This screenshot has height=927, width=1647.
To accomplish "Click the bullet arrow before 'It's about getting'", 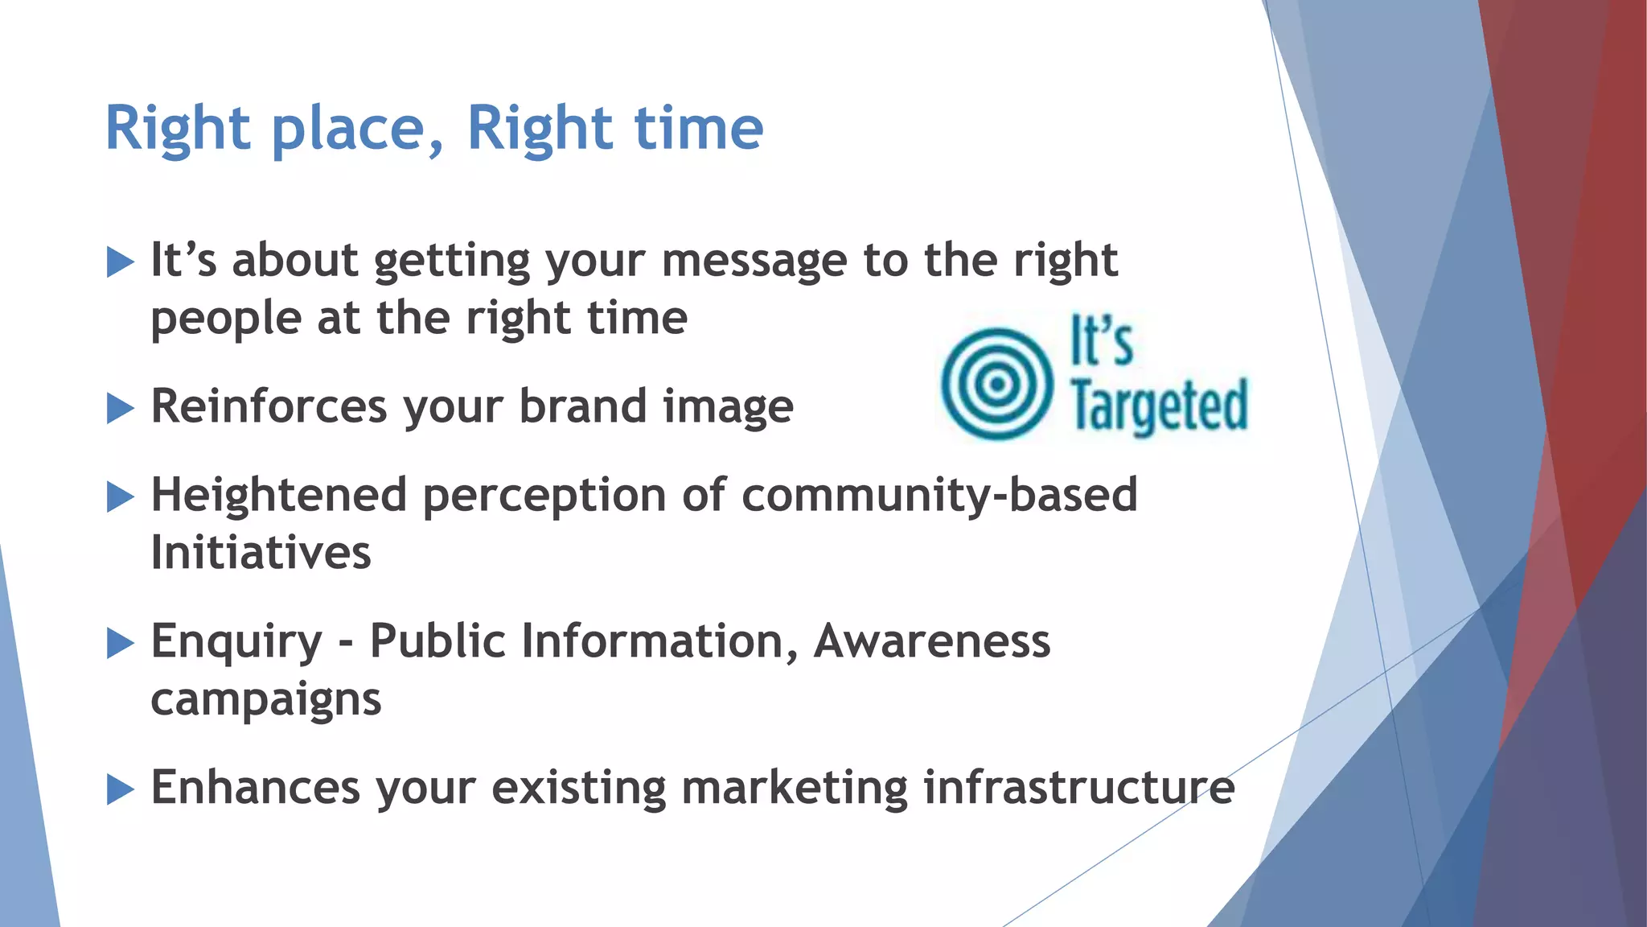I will (x=120, y=262).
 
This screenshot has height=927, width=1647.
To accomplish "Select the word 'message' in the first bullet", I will (x=754, y=262).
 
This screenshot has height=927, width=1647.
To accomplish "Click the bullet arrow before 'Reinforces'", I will (x=120, y=409).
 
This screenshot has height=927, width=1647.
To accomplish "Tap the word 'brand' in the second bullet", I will (x=583, y=406).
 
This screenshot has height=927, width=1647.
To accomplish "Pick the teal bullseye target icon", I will (x=996, y=384).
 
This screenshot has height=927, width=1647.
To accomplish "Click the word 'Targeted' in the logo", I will (x=1159, y=406).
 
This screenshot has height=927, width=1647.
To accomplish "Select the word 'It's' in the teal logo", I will (x=1102, y=342).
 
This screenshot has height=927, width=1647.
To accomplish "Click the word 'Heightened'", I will (x=278, y=495).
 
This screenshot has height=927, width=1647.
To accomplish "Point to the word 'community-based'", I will (x=939, y=495).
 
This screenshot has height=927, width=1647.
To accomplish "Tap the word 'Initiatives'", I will (x=261, y=554).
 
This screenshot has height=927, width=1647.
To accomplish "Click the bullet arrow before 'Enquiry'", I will (x=120, y=643).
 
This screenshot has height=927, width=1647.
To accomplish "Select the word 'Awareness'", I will (x=932, y=641).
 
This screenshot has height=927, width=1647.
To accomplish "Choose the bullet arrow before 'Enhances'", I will (x=120, y=789).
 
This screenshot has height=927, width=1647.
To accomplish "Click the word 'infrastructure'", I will (x=1078, y=788).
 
